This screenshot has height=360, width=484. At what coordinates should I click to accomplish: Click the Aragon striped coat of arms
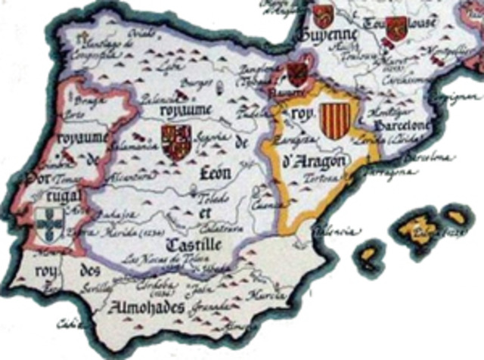(x=330, y=122)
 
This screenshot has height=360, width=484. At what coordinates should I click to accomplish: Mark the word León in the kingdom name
(x=214, y=172)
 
